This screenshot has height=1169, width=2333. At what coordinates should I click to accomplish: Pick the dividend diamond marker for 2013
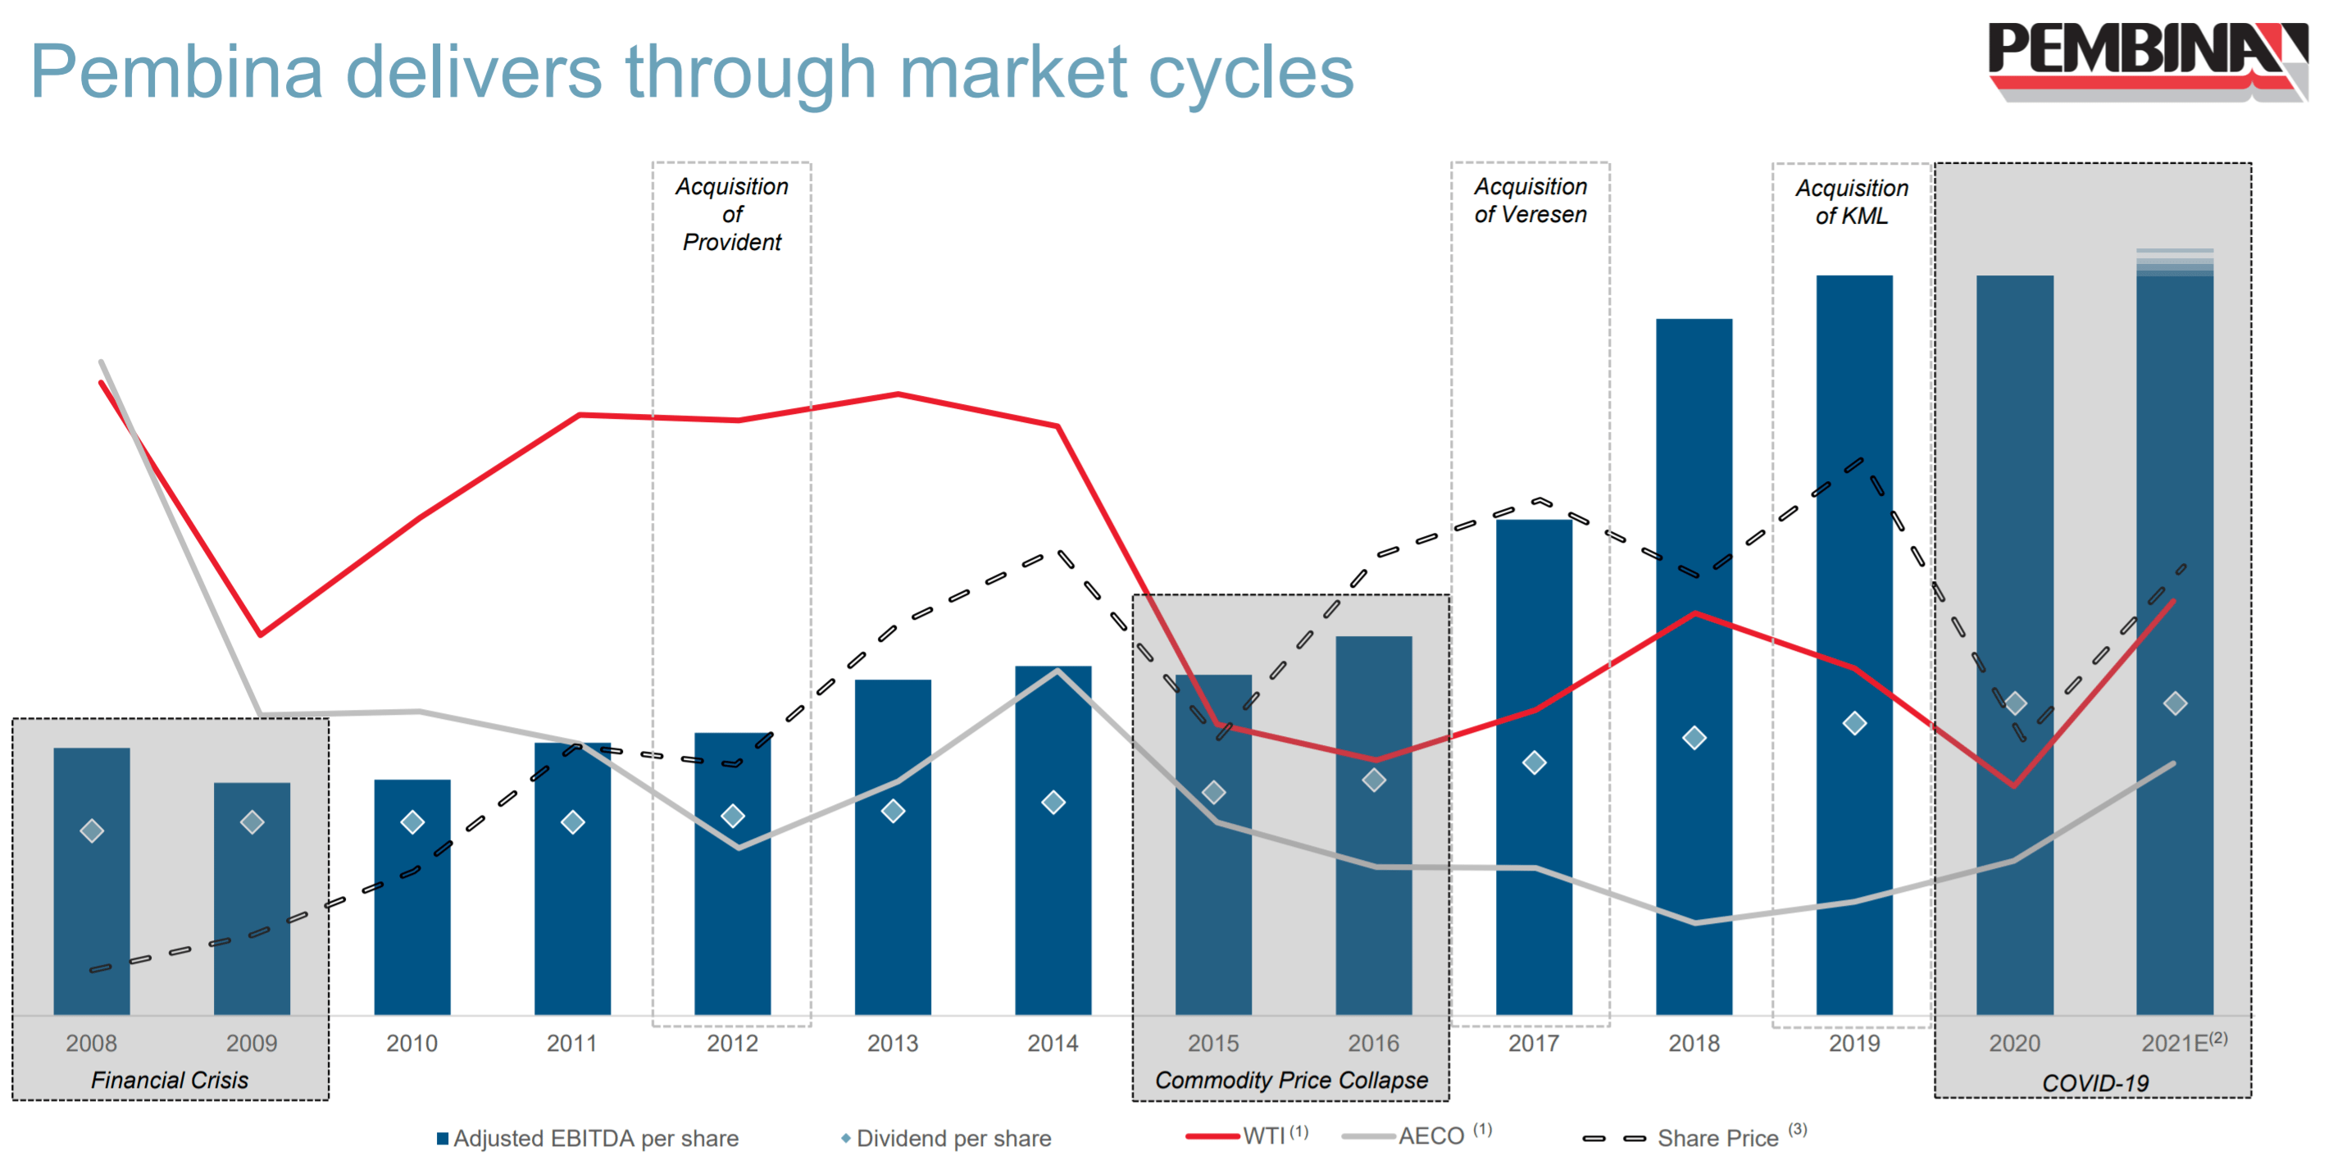tap(893, 811)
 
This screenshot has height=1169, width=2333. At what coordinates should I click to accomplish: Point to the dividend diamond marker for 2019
tap(1854, 722)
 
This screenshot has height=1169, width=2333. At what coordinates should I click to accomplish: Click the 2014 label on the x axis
tap(1053, 1043)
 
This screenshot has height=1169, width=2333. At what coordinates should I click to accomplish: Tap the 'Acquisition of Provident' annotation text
tap(732, 214)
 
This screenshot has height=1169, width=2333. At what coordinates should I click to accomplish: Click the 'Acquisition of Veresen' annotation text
tap(1530, 200)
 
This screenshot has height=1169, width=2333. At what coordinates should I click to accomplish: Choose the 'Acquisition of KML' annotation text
tap(1851, 201)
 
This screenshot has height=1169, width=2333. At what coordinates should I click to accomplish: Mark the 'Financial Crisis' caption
tap(170, 1080)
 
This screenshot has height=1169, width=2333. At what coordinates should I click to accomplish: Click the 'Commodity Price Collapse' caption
tap(1290, 1080)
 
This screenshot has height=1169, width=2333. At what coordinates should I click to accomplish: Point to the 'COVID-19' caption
tap(2094, 1083)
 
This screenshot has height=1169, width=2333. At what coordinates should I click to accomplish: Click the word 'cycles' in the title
tap(1250, 72)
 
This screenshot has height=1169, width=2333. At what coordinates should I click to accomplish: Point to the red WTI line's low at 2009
tap(261, 634)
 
